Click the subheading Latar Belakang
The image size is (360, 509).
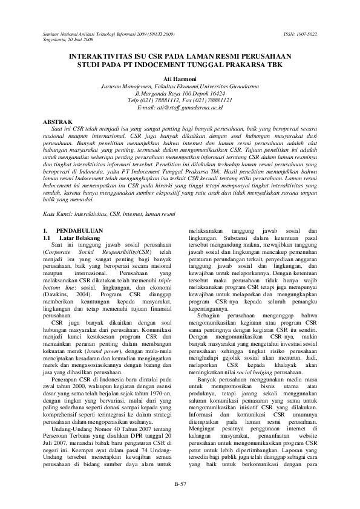pyautogui.click(x=75, y=238)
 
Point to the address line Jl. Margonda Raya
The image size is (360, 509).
pyautogui.click(x=180, y=94)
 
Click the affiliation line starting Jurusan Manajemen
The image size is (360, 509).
pyautogui.click(x=180, y=87)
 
